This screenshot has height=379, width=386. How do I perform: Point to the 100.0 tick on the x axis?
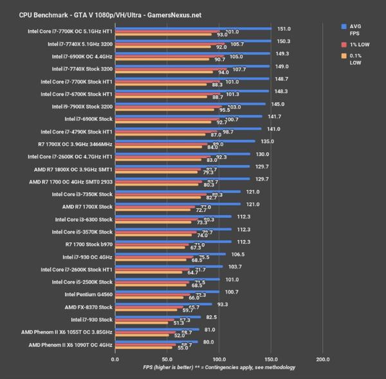[x=219, y=359]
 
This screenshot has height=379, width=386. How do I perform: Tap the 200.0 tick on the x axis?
[x=324, y=359]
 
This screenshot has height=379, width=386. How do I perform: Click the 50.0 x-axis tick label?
[x=167, y=359]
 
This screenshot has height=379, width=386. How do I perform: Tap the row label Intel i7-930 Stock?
[x=88, y=319]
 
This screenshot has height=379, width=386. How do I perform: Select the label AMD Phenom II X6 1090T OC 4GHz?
[x=71, y=345]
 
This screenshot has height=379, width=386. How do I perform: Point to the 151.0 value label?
[x=284, y=29]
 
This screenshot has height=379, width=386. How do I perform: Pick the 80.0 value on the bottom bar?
[x=208, y=342]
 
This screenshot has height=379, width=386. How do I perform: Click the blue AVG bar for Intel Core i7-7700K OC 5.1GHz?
[x=193, y=29]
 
